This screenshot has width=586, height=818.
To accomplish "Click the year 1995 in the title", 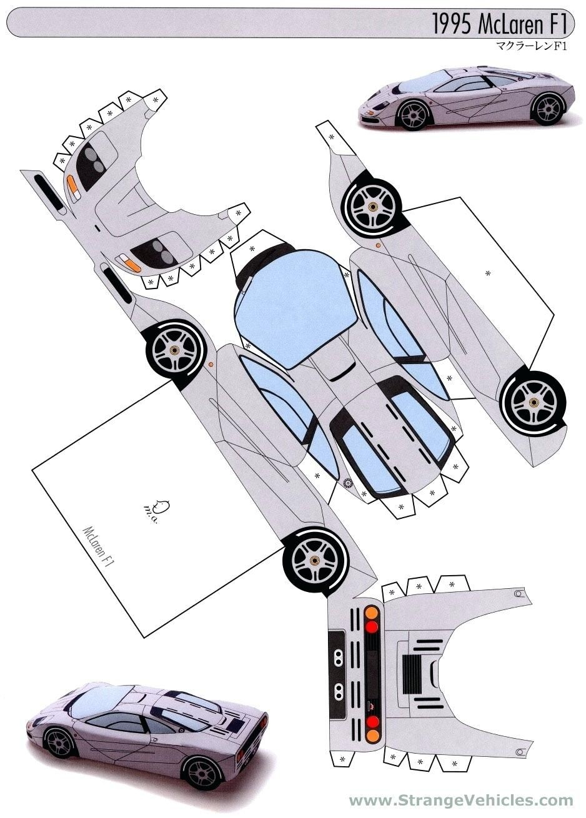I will (x=453, y=26).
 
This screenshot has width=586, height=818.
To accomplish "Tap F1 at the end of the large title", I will (x=557, y=26).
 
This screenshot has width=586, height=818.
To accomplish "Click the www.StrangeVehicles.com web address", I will (x=461, y=801).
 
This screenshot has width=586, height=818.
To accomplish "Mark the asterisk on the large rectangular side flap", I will (x=487, y=273).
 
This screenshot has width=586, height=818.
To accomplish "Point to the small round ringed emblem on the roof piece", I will (x=348, y=482).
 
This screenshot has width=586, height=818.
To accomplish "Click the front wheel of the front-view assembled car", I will (x=413, y=114).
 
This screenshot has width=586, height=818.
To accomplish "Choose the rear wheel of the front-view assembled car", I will (x=547, y=108).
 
